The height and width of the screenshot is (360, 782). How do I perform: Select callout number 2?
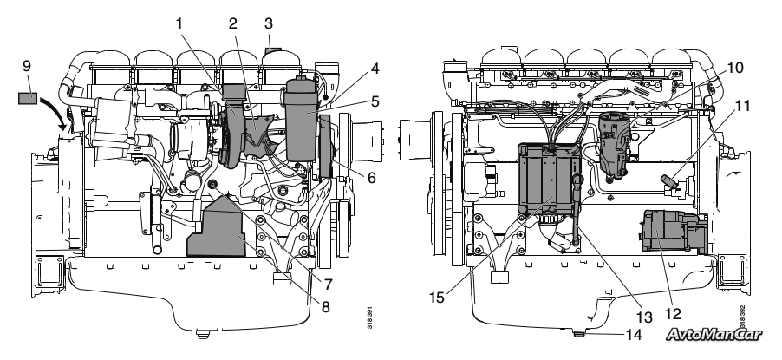(233, 23)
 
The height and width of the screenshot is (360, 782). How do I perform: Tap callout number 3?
(269, 23)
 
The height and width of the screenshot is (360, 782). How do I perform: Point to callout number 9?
(27, 67)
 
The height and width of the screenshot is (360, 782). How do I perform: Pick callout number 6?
(372, 177)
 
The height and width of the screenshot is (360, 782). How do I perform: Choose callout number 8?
(326, 306)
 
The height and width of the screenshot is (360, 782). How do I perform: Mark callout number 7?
(328, 285)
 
